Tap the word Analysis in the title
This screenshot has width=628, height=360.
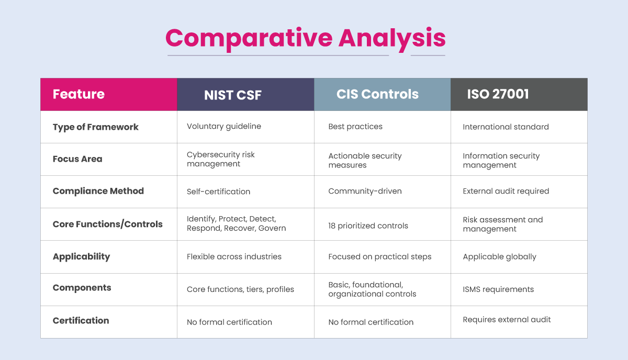[392, 38]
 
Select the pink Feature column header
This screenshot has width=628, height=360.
[78, 94]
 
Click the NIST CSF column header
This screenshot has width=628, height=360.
[232, 95]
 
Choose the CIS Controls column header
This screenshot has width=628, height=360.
[377, 94]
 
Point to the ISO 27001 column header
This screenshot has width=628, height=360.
[498, 94]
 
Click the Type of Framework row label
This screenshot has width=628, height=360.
[95, 127]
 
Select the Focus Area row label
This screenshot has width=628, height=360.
[77, 159]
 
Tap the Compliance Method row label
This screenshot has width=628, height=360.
[98, 191]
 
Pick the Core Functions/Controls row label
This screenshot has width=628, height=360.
[107, 224]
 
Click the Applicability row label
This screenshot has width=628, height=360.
[81, 256]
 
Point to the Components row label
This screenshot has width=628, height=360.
[82, 288]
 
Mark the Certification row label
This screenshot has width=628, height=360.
[81, 321]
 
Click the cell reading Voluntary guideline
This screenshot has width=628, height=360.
[223, 127]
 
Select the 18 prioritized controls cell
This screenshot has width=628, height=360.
[368, 226]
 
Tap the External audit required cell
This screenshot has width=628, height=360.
[506, 191]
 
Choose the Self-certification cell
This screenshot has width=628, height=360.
[218, 192]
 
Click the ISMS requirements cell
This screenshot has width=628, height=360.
[498, 289]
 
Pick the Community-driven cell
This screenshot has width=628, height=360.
[365, 191]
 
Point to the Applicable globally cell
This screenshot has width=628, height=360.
[499, 257]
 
